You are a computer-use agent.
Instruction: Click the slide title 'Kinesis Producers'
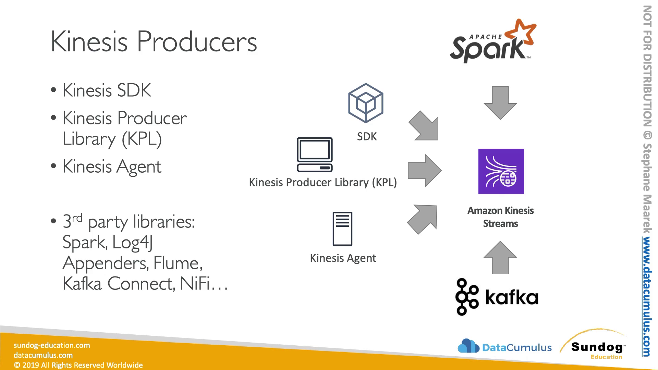pos(154,42)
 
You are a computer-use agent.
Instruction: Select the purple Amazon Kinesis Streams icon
pos(501,171)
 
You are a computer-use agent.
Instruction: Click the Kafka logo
pos(497,297)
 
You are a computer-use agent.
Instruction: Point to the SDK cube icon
pos(366,103)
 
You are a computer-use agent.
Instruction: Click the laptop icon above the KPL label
pos(315,155)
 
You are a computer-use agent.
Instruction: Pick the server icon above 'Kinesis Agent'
pos(342,229)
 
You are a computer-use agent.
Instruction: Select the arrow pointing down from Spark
pos(500,102)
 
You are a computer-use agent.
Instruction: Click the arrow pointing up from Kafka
pos(500,258)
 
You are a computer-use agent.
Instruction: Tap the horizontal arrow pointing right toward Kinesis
pos(424,171)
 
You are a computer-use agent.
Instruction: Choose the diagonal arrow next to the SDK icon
pos(424,126)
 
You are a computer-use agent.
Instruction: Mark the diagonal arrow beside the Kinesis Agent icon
pos(423,219)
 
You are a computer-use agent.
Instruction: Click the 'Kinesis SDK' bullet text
pos(107,91)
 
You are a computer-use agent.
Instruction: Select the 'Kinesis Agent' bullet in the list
pos(112,167)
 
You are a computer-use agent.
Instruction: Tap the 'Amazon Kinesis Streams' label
pos(500,217)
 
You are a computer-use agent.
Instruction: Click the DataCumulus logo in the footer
pos(504,347)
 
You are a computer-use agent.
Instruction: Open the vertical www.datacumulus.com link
pos(646,297)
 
